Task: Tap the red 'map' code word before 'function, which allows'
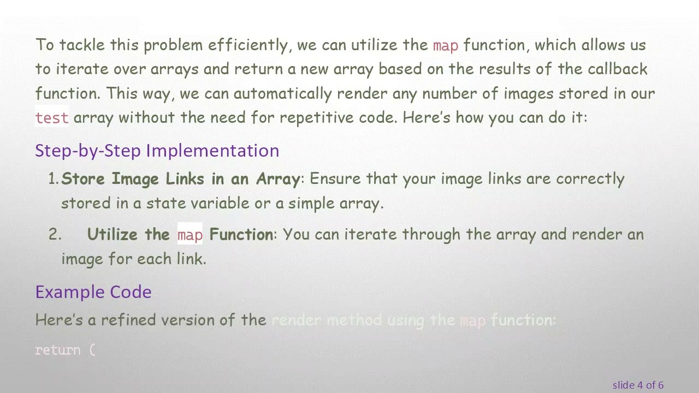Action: coord(446,45)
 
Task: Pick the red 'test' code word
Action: coord(52,118)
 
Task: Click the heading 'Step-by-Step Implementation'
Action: coord(157,151)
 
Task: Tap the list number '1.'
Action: coord(54,179)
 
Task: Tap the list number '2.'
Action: coord(55,235)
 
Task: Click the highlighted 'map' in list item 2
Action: coord(190,235)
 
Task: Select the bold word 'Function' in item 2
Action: coord(241,235)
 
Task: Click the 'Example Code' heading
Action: coord(93,292)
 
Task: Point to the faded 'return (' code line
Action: coord(65,350)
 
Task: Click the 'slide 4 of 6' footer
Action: coord(638,385)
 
